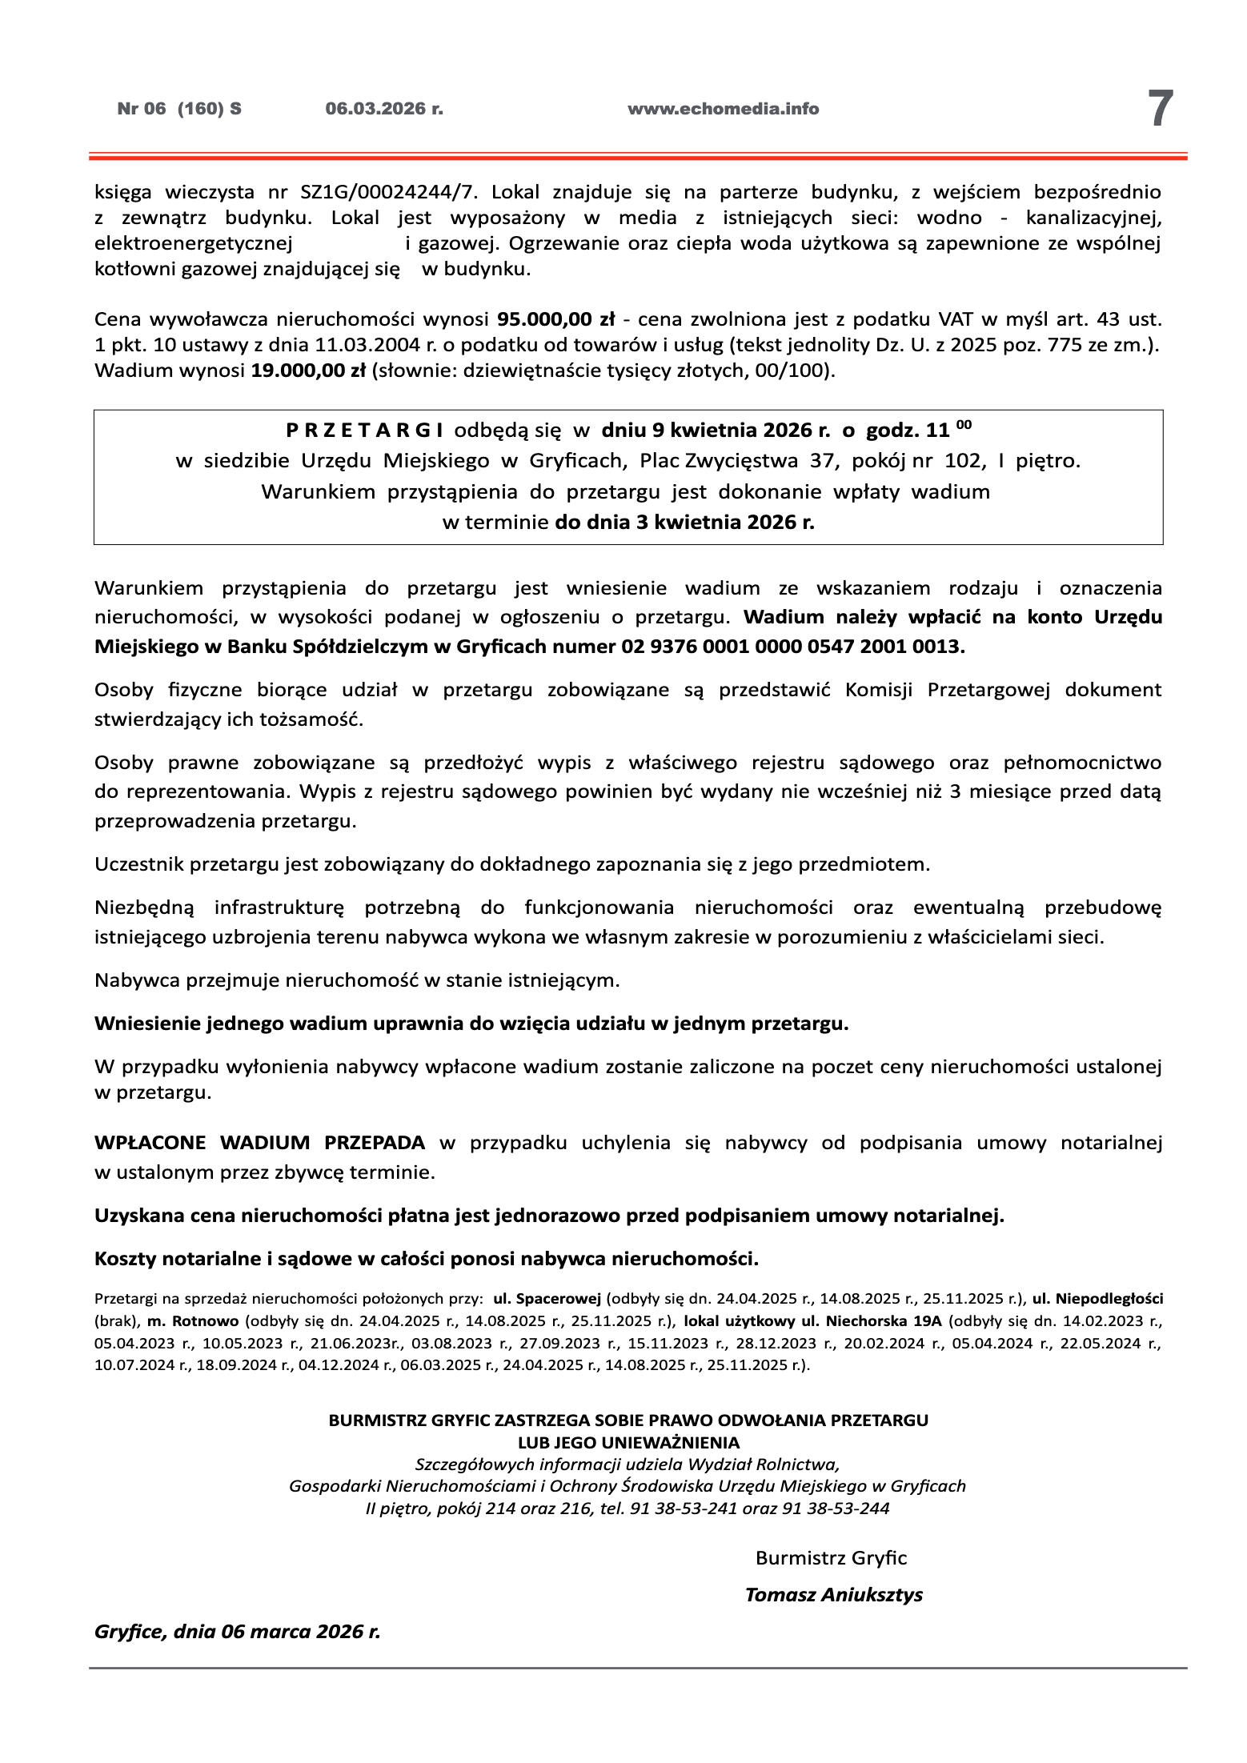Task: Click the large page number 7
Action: [x=1161, y=109]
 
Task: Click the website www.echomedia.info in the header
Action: [x=723, y=110]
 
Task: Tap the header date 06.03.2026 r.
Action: [x=384, y=110]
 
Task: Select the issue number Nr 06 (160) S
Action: [x=179, y=110]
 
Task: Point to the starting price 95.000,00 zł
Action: [x=555, y=320]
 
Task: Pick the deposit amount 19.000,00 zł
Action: [x=307, y=371]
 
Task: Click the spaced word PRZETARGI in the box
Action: [x=365, y=431]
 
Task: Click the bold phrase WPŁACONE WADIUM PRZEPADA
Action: [x=259, y=1143]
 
